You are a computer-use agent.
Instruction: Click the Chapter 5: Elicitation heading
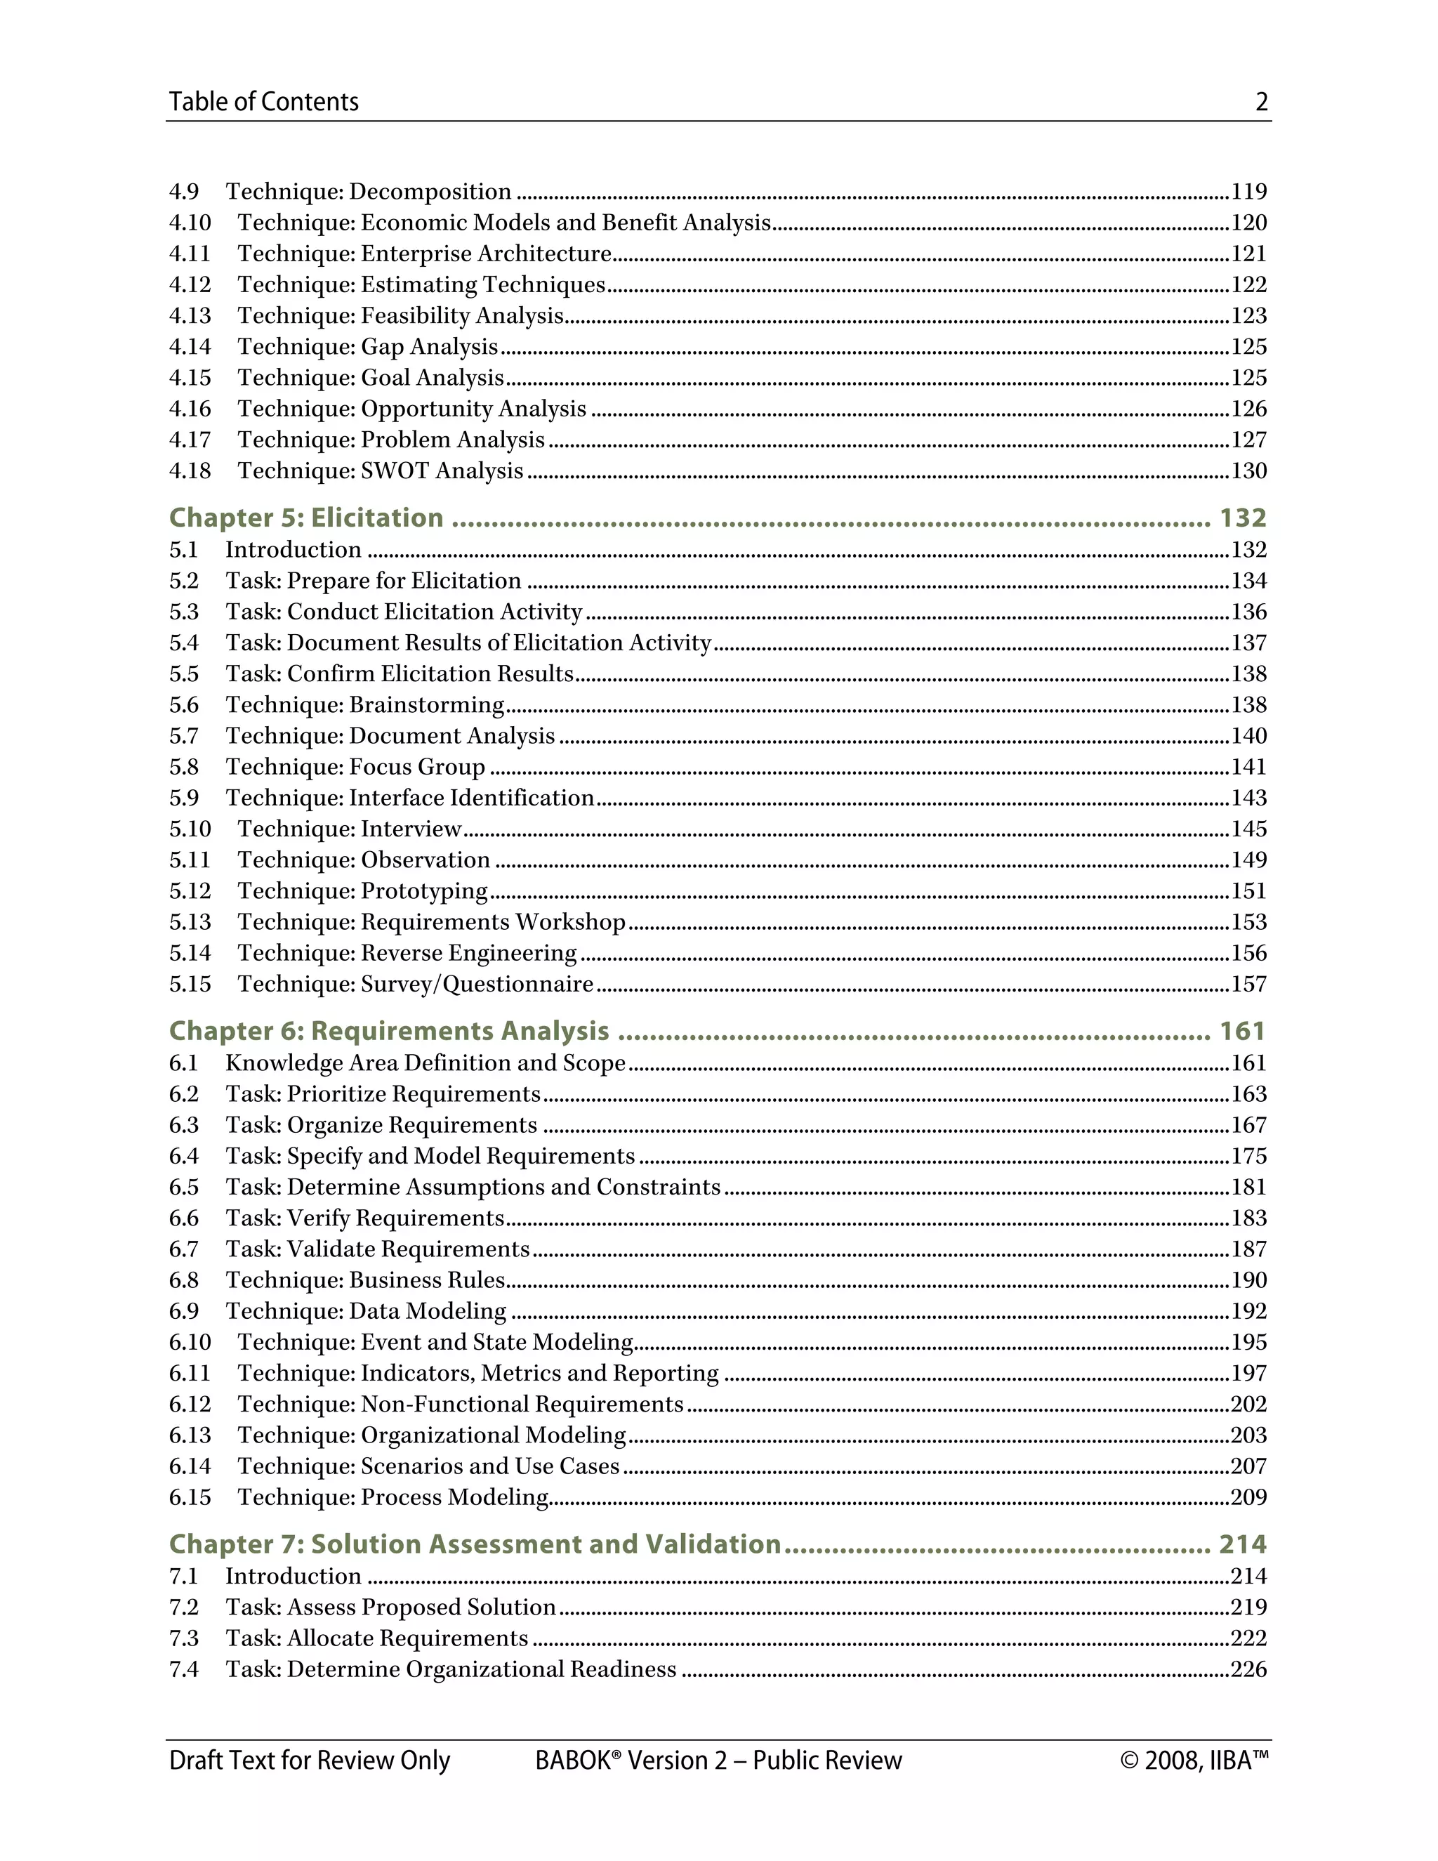306,518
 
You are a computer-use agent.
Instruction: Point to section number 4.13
189,315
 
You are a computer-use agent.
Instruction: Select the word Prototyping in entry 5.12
423,890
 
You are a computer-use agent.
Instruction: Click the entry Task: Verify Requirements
364,1218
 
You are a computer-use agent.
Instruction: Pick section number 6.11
189,1373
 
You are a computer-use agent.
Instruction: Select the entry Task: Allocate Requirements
376,1638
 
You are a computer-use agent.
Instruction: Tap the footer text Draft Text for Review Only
309,1761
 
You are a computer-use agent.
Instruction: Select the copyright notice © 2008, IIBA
1194,1761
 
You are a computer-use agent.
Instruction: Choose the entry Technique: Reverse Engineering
407,953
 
